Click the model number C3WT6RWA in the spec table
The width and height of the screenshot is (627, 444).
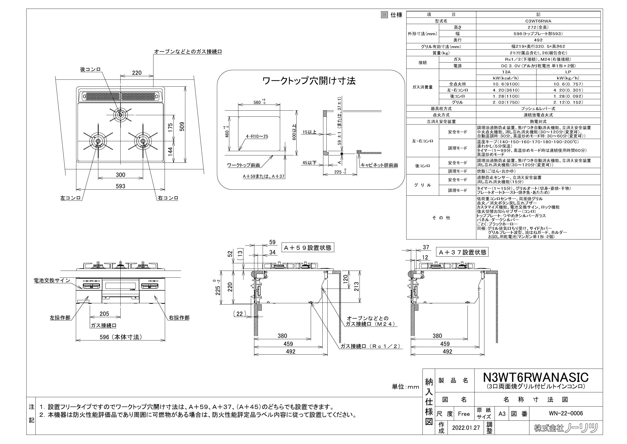[x=538, y=21]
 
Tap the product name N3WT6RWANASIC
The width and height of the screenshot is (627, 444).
[x=536, y=378]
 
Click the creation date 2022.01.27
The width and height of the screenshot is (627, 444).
[x=466, y=428]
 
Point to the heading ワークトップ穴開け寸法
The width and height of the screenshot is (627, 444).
[x=309, y=81]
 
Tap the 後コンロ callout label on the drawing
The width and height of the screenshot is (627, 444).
[x=91, y=69]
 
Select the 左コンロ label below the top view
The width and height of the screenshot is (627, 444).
[x=71, y=198]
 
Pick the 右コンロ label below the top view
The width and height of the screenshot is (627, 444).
[x=168, y=198]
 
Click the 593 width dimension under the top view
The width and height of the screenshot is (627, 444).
[x=120, y=186]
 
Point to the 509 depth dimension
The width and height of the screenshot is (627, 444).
[x=182, y=126]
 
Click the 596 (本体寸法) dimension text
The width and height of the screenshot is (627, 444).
[x=121, y=337]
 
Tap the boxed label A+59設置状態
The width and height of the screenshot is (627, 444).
[x=308, y=248]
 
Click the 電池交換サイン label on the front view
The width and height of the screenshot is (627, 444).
[x=52, y=280]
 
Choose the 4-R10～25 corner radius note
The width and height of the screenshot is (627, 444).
[x=257, y=136]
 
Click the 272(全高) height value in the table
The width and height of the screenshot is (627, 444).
[x=538, y=27]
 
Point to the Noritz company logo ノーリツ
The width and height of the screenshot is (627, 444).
[x=566, y=428]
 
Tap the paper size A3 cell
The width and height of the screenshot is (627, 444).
[x=502, y=414]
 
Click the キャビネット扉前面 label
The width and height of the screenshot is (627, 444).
[x=379, y=165]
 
